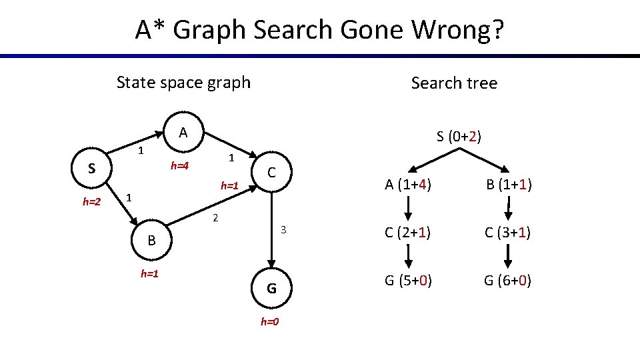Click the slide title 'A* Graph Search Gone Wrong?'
[x=320, y=30]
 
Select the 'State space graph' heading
[x=183, y=83]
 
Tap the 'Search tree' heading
[x=454, y=83]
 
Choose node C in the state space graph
[x=272, y=173]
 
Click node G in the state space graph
[x=272, y=289]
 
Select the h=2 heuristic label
[x=91, y=202]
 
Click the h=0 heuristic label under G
[x=269, y=322]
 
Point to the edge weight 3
[x=283, y=230]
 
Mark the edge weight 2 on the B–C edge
[x=215, y=217]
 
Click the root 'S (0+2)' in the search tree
[x=459, y=137]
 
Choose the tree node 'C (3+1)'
[x=509, y=233]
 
